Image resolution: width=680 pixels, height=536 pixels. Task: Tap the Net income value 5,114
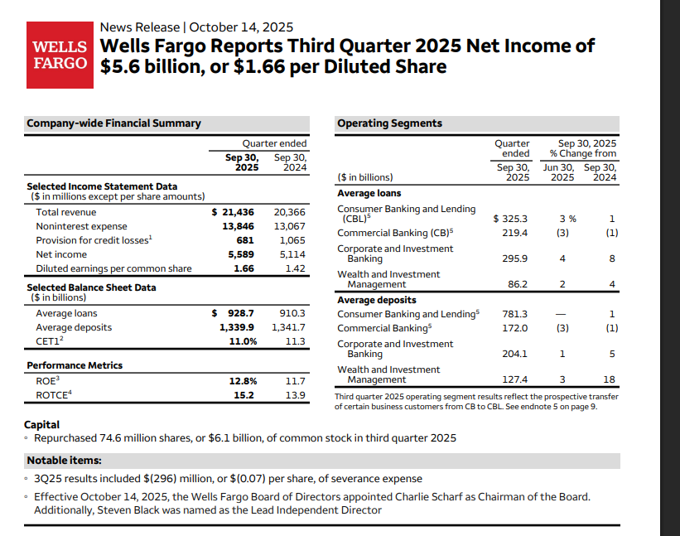click(x=290, y=254)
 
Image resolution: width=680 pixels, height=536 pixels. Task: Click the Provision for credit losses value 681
click(x=246, y=240)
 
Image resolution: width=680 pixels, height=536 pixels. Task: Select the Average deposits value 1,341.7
click(x=288, y=327)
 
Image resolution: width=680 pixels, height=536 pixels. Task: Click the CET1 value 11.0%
click(x=243, y=341)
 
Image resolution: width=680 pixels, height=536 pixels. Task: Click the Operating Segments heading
click(x=389, y=123)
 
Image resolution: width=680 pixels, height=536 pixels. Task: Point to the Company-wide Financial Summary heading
click(x=113, y=123)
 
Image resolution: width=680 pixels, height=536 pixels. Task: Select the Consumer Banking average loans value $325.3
click(x=510, y=219)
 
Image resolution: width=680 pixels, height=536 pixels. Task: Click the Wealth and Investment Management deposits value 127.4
click(x=515, y=379)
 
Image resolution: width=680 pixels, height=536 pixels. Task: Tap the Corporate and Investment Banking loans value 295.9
click(x=515, y=258)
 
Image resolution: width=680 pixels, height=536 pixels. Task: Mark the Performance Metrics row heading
click(x=75, y=365)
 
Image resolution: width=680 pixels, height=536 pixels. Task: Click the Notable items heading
click(x=65, y=460)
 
